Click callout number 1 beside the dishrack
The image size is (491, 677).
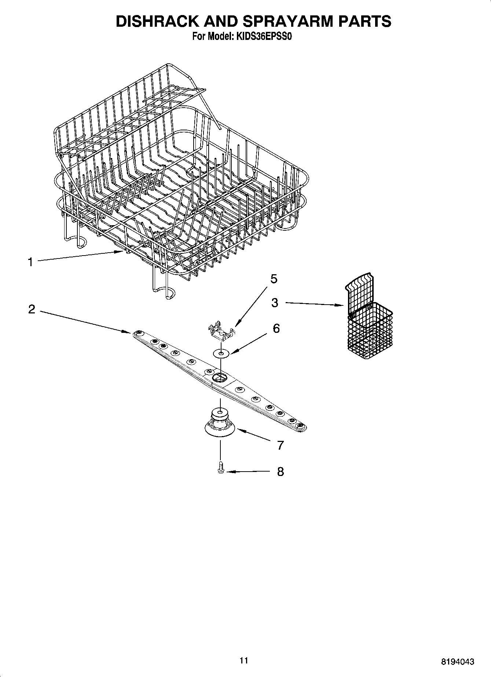[x=30, y=262]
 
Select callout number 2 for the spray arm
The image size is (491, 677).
[x=32, y=309]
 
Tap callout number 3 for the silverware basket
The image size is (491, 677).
[x=275, y=303]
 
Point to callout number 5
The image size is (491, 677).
[x=274, y=279]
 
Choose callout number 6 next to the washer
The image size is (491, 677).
[x=276, y=328]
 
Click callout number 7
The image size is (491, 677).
[x=280, y=445]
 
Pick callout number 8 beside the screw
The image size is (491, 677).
[x=280, y=472]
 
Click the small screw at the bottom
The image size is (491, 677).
[x=220, y=468]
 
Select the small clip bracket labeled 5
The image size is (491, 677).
[x=221, y=329]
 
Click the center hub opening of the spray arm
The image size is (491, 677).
[x=220, y=377]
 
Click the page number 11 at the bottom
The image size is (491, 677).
[x=243, y=661]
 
